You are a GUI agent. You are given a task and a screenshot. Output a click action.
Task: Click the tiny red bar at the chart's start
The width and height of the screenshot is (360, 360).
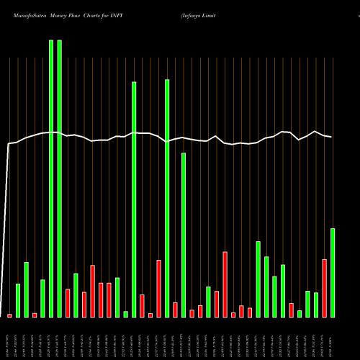click(10, 315)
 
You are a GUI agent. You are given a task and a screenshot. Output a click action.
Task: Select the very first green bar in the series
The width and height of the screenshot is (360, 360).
click(18, 300)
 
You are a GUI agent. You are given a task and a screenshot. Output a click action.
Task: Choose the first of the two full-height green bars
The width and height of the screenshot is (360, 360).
click(51, 179)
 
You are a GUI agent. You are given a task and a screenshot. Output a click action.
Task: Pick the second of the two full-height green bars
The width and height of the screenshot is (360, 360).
click(59, 179)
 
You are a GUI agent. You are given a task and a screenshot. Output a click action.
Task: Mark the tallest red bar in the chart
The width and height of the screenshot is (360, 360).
click(225, 284)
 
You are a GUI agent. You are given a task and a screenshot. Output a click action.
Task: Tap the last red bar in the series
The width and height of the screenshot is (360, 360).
click(324, 288)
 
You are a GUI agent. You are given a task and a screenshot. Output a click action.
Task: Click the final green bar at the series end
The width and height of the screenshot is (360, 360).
click(333, 272)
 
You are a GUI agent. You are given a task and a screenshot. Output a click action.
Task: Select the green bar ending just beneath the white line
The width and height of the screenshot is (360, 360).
click(184, 235)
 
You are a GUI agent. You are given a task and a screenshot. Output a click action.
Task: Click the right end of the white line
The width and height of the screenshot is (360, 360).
click(331, 137)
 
